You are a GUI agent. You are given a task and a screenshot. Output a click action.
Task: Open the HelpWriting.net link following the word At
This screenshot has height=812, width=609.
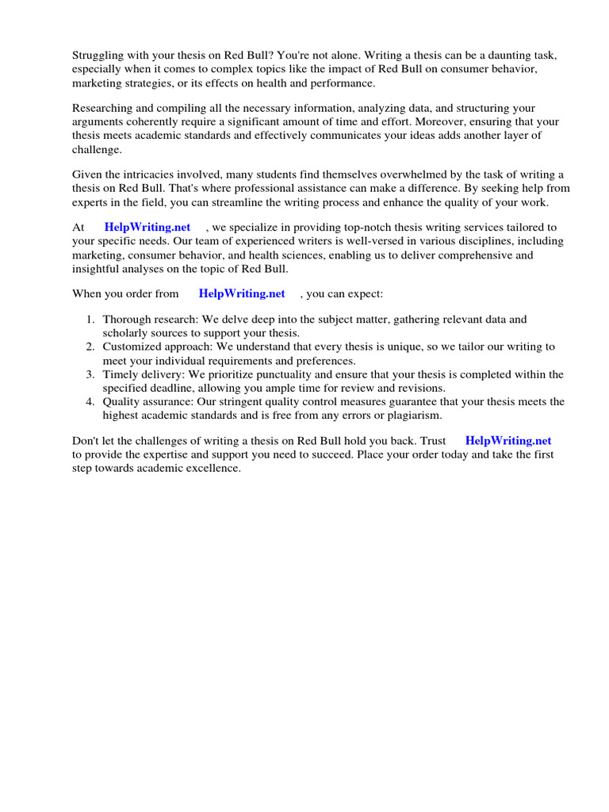coord(147,228)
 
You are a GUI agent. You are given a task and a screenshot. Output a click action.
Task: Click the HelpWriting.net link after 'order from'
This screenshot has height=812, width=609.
coord(242,293)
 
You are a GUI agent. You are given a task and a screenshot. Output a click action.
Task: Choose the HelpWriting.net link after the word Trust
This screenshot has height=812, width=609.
coord(507,441)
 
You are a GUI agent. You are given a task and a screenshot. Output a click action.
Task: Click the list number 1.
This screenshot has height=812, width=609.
coord(90,320)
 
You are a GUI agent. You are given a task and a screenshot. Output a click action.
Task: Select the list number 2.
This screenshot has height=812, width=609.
coord(90,347)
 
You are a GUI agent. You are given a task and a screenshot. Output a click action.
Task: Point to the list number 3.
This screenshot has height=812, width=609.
coord(90,374)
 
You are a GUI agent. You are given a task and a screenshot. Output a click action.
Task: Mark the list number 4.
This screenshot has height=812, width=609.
coord(90,401)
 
